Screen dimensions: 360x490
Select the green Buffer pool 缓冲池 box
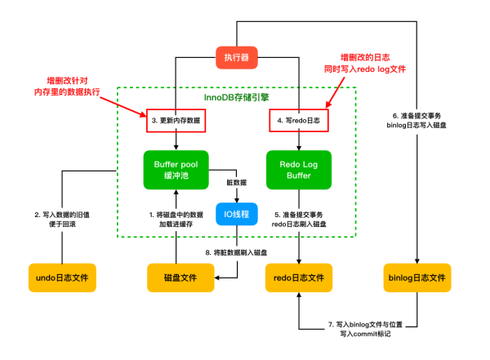pos(176,170)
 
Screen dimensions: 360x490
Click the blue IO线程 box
pos(237,214)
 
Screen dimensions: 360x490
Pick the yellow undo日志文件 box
pos(62,278)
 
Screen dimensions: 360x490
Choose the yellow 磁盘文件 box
pos(176,278)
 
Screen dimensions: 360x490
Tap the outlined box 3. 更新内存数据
pos(176,121)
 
